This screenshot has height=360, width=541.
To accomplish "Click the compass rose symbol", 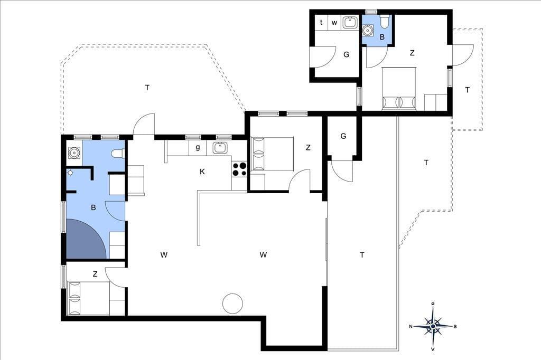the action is tap(433, 326).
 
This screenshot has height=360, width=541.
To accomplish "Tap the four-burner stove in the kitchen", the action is tap(239, 169).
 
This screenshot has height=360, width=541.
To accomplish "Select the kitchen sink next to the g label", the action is tap(219, 148).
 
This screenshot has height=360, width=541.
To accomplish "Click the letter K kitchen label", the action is tap(202, 172).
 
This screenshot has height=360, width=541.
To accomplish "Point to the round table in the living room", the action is tap(232, 304).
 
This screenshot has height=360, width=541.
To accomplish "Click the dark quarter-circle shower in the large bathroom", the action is tap(86, 239).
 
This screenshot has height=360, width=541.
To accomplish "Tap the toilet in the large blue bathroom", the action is tap(118, 154).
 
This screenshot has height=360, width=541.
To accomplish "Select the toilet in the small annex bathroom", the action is tap(384, 21).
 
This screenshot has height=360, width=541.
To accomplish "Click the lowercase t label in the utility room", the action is tap(321, 22).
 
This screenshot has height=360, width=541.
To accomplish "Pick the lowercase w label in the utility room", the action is tap(334, 23).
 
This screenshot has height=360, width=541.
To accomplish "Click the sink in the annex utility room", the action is tap(350, 22).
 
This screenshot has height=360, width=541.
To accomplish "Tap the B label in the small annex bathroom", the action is tap(382, 37).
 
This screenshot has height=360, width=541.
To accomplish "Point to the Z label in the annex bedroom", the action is tap(412, 53).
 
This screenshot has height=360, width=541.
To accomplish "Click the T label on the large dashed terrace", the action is tap(147, 88).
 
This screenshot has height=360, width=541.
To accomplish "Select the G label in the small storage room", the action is tap(343, 136).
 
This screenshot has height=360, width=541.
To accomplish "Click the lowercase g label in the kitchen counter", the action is tap(198, 148).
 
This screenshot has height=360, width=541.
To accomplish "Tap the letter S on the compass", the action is tap(455, 327).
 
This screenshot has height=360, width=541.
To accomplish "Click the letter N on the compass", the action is tap(411, 327).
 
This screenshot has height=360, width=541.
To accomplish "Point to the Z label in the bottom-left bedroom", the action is tap(95, 274).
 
